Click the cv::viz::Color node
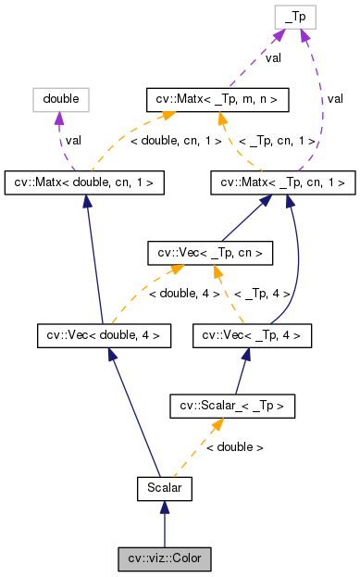coord(165,558)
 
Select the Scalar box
coord(165,486)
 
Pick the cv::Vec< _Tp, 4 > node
coord(253,334)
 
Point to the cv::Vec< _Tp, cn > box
coord(210,252)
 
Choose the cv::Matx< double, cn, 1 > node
coord(85,182)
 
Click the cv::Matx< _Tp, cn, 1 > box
coord(283,182)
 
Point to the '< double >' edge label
coord(234,446)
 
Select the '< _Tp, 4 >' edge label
coord(262,293)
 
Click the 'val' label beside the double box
coord(74,140)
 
